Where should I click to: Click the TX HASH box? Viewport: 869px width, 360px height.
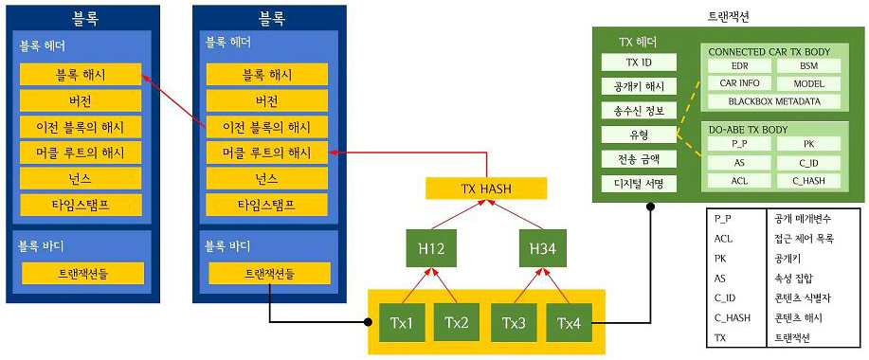485,189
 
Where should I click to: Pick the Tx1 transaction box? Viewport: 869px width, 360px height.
402,322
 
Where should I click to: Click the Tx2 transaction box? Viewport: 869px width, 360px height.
456,322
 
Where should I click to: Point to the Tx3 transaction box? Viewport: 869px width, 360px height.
514,322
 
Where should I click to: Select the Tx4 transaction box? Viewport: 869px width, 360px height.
570,322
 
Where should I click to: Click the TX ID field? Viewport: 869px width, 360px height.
639,62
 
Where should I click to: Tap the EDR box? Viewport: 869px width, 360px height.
740,66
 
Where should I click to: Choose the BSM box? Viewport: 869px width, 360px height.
808,66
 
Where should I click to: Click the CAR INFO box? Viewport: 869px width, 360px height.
740,83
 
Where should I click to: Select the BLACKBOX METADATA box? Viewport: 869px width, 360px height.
774,101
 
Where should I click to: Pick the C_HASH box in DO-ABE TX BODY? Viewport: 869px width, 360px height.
808,181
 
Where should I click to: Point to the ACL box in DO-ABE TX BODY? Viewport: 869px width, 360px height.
740,181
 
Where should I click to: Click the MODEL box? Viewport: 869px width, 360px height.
808,83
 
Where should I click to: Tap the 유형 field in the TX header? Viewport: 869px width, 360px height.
639,135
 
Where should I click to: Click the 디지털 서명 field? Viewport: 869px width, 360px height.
639,184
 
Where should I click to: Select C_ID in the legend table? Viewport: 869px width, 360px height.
725,298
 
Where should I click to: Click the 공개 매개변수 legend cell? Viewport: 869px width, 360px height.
803,219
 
